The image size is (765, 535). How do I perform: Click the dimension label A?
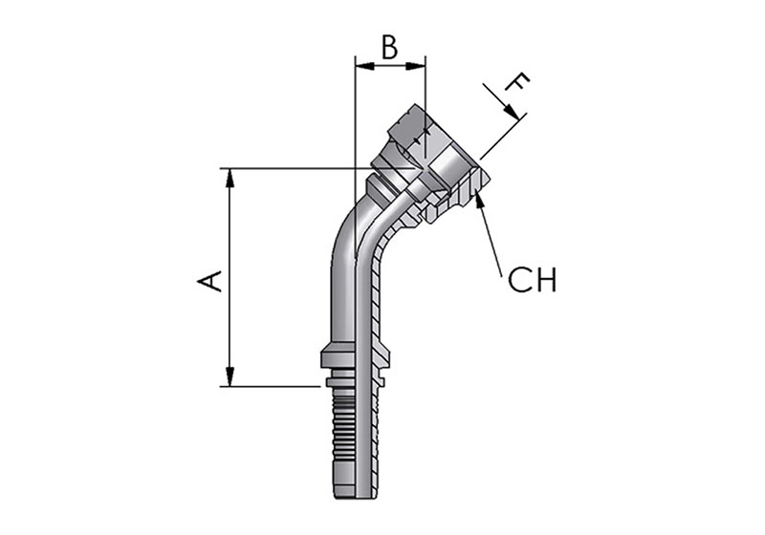(209, 282)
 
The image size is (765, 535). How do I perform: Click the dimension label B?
(389, 48)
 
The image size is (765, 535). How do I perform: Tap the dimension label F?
(517, 83)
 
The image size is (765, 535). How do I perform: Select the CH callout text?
(532, 280)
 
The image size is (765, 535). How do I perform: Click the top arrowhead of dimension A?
(229, 178)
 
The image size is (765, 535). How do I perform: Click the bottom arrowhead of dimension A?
(229, 377)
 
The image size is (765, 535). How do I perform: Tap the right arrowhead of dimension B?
(416, 65)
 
